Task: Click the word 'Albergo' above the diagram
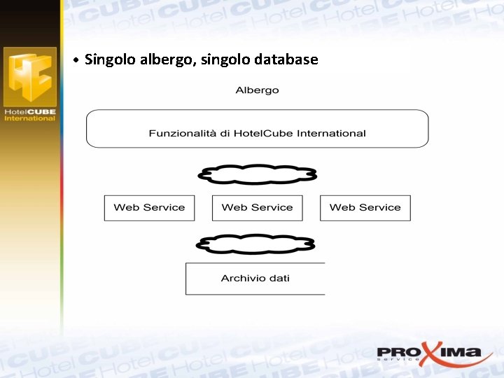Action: pyautogui.click(x=257, y=90)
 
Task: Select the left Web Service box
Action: pyautogui.click(x=149, y=208)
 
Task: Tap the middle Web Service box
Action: pyautogui.click(x=257, y=208)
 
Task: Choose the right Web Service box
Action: pyautogui.click(x=365, y=208)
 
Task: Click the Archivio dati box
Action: pyautogui.click(x=255, y=279)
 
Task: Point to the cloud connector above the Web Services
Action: pyautogui.click(x=258, y=174)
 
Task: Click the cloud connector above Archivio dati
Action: pyautogui.click(x=255, y=243)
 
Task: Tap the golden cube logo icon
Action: pyautogui.click(x=29, y=77)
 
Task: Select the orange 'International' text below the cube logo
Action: pyautogui.click(x=29, y=118)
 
